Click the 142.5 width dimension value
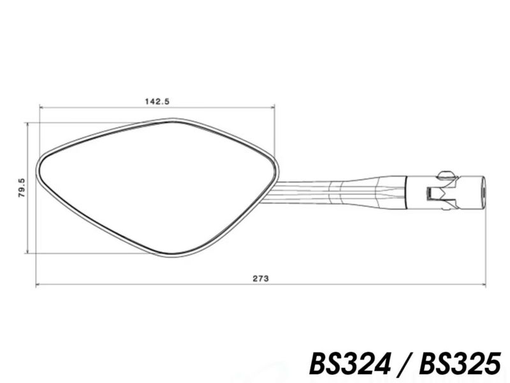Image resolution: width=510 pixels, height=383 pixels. pos(157,101)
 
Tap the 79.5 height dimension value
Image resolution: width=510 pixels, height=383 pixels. pos(22,187)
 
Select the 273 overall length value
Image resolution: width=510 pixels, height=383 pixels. pos(261,278)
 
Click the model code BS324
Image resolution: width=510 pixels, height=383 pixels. pos(350,364)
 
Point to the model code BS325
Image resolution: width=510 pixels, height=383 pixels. pos(460,364)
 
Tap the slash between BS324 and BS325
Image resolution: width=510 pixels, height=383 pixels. pos(405,364)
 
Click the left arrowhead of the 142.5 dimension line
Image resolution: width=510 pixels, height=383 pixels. pos(41,106)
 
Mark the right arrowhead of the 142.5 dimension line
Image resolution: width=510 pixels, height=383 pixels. pos(272,106)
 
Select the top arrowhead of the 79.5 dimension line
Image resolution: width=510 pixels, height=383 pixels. pos(27,125)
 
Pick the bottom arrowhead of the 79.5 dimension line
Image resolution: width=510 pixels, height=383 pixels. pos(27,250)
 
